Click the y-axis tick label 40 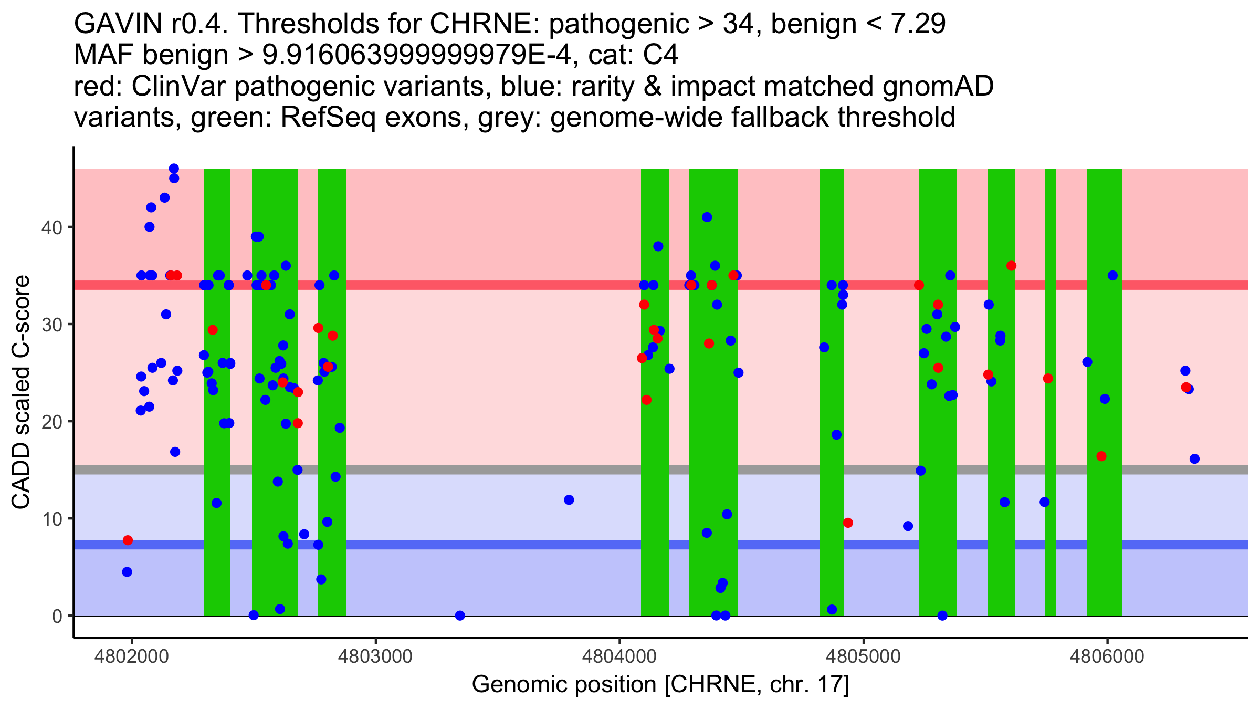tap(51, 227)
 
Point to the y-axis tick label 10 tap(51, 519)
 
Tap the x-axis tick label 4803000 tap(375, 656)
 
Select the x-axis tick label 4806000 tap(1107, 656)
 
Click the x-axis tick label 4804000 tap(619, 656)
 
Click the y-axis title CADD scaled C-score tap(21, 392)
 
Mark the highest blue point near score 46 tap(174, 169)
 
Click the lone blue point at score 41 tap(707, 217)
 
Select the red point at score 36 tap(1012, 266)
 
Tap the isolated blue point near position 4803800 tap(569, 500)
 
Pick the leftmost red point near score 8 tap(128, 540)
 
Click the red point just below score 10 tap(848, 523)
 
